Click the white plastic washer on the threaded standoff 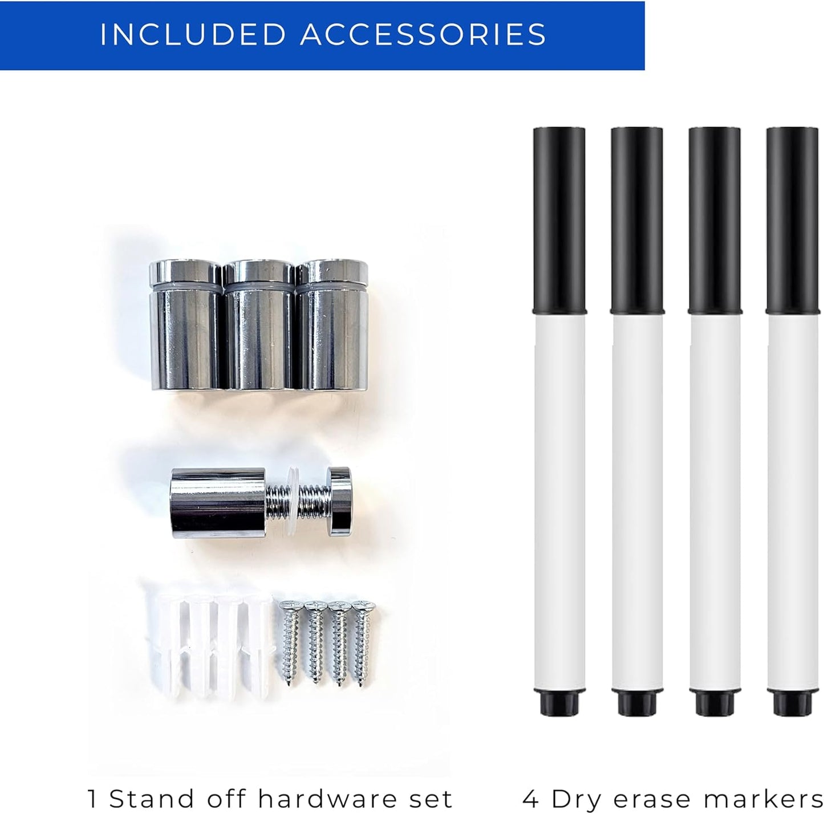tap(292, 502)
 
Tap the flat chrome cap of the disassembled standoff tap(340, 502)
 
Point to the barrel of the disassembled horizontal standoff tap(218, 502)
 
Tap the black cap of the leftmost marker tap(559, 220)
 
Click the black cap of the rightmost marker tap(793, 220)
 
